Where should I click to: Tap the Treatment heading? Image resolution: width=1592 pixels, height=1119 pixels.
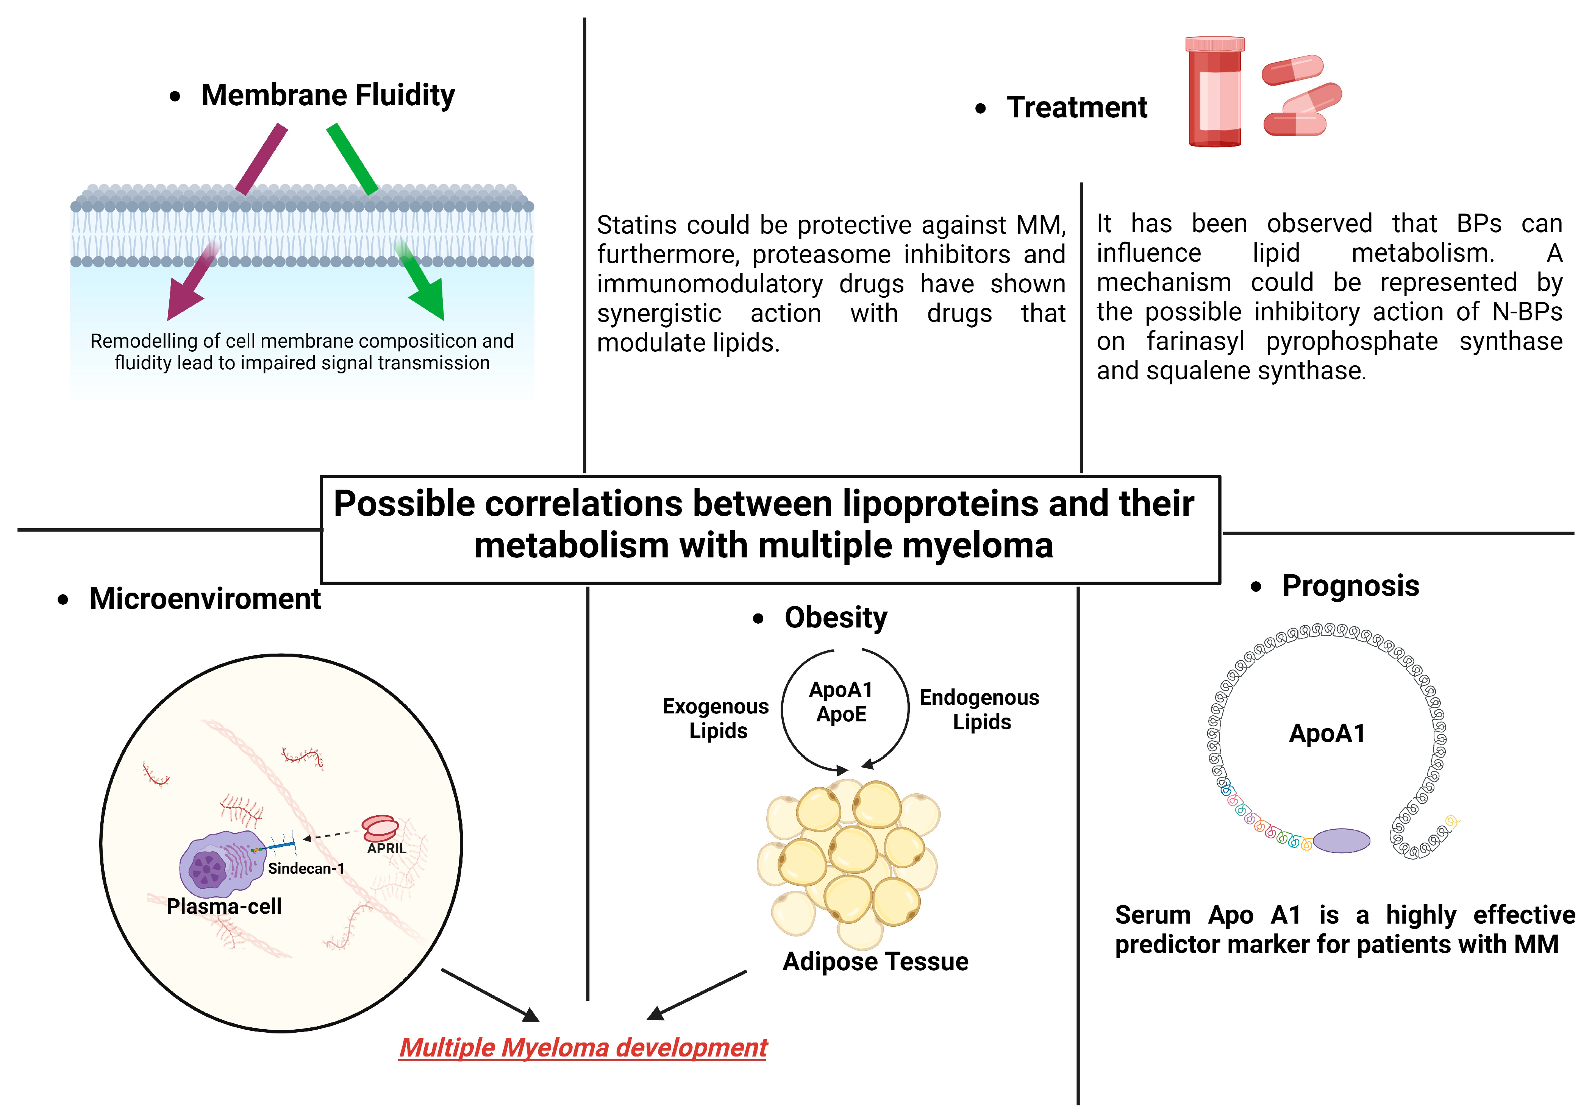[1077, 108]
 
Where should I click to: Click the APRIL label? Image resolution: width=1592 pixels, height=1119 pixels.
[386, 848]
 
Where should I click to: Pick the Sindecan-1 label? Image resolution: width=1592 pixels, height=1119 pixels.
[306, 868]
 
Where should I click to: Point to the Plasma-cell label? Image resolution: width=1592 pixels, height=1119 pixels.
[224, 906]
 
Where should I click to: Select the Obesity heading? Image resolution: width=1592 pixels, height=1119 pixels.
[836, 617]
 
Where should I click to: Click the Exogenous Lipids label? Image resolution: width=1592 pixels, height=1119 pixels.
[716, 718]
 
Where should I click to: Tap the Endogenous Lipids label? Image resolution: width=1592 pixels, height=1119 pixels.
[979, 709]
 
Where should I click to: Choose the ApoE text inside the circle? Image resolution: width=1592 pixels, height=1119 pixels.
[841, 714]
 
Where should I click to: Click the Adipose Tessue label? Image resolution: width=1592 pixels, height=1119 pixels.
[875, 961]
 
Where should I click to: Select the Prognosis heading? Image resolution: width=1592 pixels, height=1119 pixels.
[1350, 586]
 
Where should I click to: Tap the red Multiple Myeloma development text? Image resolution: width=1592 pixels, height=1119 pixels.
[583, 1047]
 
